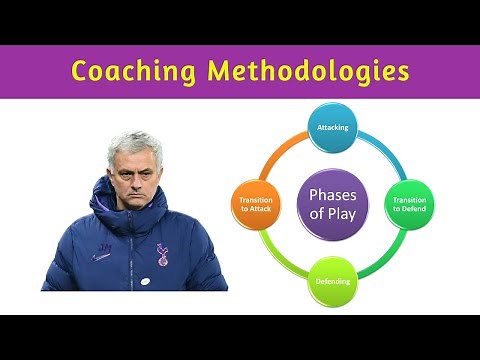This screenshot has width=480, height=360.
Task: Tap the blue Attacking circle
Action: [x=332, y=128]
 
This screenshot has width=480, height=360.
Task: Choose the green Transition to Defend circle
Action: [x=410, y=205]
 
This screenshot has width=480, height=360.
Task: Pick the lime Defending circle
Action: [x=332, y=281]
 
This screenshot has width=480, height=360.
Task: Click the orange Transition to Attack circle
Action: [x=256, y=205]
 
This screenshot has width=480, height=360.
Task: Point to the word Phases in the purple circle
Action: [x=333, y=194]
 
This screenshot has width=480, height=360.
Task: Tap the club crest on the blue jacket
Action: [x=162, y=256]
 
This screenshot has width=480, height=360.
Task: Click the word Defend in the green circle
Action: [x=410, y=211]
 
